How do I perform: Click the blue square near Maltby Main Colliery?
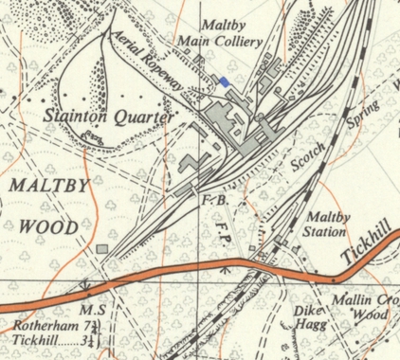[x=225, y=83]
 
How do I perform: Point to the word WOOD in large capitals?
[x=49, y=227]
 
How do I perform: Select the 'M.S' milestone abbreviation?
[x=90, y=310]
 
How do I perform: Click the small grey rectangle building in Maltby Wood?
[x=101, y=249]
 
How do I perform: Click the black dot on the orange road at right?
[x=334, y=280]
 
